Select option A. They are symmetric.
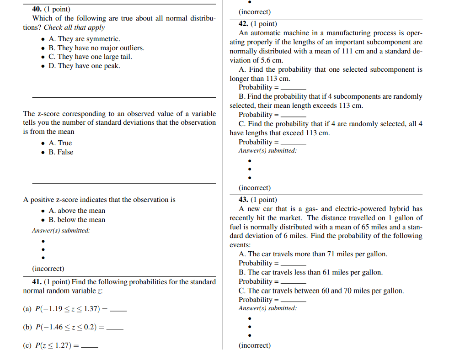pyautogui.click(x=84, y=39)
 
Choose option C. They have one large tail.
pyautogui.click(x=90, y=57)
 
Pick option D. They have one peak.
pyautogui.click(x=84, y=66)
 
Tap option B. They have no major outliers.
pyautogui.click(x=96, y=48)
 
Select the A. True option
pyautogui.click(x=60, y=143)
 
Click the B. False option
pyautogui.click(x=61, y=152)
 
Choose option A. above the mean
pyautogui.click(x=76, y=211)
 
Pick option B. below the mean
pyautogui.click(x=76, y=220)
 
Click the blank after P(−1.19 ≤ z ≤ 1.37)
pyautogui.click(x=118, y=310)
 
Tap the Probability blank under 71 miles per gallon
pyautogui.click(x=293, y=264)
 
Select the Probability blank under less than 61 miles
pyautogui.click(x=293, y=282)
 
